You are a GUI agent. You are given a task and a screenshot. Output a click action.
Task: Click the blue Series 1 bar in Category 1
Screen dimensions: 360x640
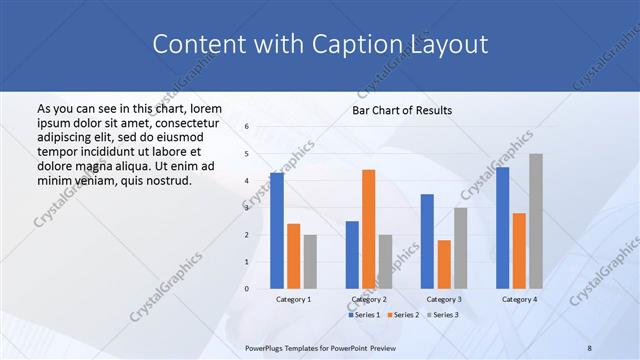coord(276,231)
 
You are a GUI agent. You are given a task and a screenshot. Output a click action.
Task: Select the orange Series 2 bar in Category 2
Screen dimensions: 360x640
coord(368,229)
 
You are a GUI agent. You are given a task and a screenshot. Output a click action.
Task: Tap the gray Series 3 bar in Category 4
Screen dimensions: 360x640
coord(536,221)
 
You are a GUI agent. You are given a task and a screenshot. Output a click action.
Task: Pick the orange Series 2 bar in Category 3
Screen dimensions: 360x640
coord(444,264)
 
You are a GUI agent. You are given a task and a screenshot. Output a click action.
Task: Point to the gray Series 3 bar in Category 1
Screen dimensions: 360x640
coord(310,262)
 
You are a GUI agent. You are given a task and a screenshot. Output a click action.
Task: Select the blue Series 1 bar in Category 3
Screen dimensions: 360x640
coord(427,241)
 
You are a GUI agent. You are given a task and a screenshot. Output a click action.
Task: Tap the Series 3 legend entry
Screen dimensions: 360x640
coord(444,315)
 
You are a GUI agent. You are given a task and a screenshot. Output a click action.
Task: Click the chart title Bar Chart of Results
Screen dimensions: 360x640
coord(402,110)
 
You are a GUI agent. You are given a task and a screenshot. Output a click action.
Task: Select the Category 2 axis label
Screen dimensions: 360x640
coord(368,299)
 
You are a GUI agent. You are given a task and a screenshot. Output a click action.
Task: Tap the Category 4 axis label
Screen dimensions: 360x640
coord(519,299)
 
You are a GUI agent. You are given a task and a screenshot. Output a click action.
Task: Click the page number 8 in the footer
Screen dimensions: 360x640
coord(590,347)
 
